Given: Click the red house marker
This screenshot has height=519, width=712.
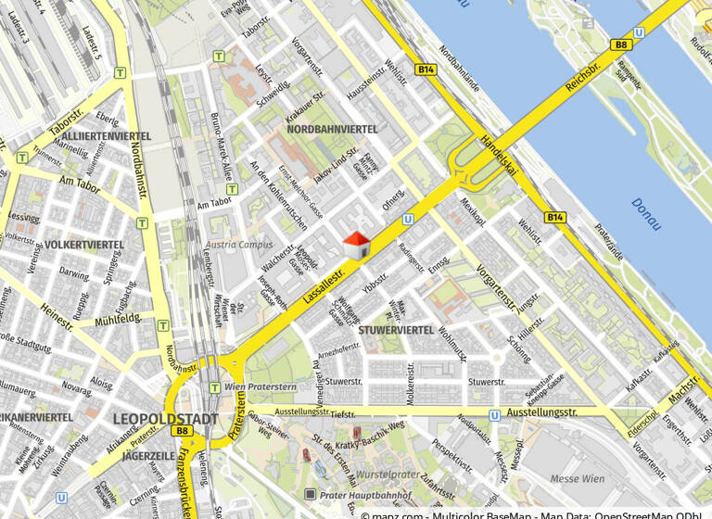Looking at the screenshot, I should pos(358,246).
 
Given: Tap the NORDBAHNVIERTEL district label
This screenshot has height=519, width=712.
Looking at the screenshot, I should pos(332,129).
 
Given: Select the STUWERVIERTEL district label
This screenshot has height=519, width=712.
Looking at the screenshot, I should pos(397,330).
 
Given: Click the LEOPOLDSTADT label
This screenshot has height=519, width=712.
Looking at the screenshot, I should pos(166,418).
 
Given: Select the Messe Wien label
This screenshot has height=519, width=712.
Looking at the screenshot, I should pos(577,479).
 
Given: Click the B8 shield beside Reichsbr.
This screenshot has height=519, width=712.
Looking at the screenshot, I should pos(620,44).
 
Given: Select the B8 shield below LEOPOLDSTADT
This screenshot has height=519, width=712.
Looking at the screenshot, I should pos(183,431).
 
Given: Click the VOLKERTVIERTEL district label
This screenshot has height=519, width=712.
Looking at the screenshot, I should pos(84,245).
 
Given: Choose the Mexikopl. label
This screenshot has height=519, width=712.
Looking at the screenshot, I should pos(472,210).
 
